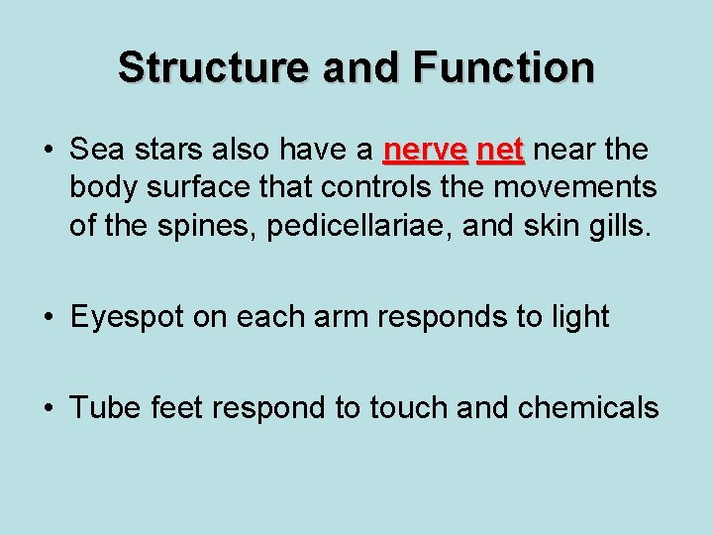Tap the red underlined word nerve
point(425,151)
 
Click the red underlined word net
point(500,151)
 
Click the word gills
point(621,227)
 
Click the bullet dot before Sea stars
point(48,152)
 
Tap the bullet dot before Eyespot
point(48,318)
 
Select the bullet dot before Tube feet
point(48,407)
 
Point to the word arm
point(332,318)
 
